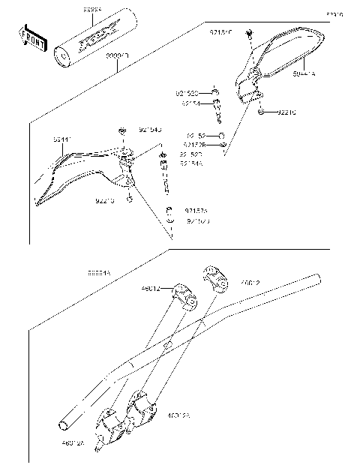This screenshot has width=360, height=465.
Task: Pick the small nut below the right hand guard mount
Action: point(260,112)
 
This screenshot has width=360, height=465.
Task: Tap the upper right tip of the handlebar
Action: point(319,280)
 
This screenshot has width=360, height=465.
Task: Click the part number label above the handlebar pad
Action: point(93,10)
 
